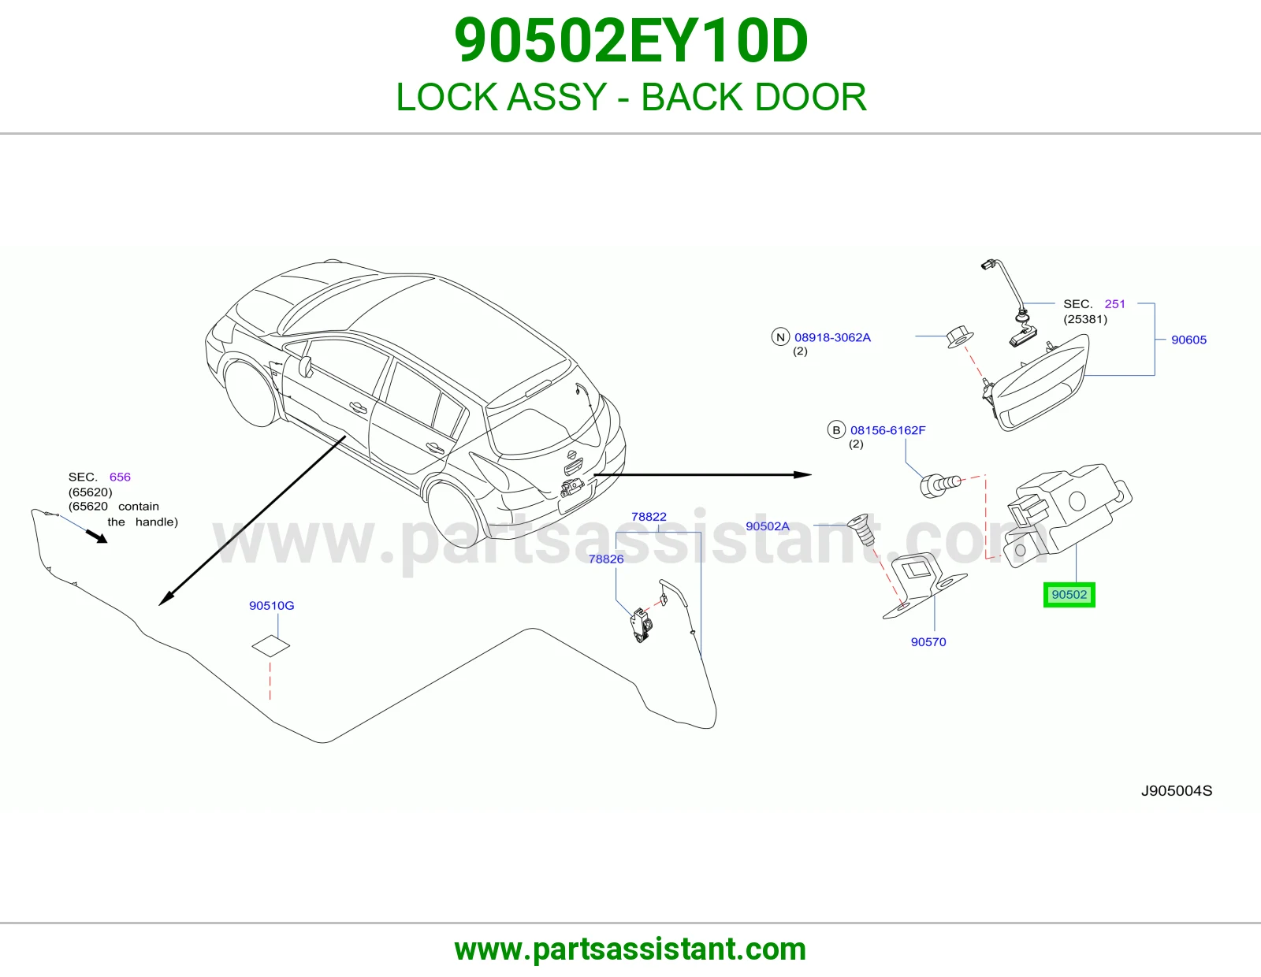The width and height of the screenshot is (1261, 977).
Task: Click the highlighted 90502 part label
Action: click(1069, 595)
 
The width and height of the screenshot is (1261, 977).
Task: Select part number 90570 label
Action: click(928, 641)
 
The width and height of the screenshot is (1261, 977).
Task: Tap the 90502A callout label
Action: click(767, 526)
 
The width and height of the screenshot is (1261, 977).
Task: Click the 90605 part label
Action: click(1188, 340)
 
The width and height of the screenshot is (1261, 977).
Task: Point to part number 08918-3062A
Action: click(833, 338)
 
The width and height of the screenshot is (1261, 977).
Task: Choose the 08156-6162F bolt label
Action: click(888, 430)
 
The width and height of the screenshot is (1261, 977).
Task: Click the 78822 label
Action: click(649, 516)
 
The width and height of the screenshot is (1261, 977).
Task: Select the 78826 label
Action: click(606, 559)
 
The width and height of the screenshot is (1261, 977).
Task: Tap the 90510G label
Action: click(272, 606)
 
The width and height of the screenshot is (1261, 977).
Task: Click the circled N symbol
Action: click(780, 337)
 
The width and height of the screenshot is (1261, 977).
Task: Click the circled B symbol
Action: click(836, 430)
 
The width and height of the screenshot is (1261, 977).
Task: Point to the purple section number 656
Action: click(120, 477)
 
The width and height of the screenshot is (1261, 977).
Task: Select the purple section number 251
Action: click(1114, 304)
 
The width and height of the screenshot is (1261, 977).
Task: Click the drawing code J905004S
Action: click(1177, 791)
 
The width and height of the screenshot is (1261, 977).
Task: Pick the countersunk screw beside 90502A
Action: click(861, 529)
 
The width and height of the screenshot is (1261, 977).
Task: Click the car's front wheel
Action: click(251, 393)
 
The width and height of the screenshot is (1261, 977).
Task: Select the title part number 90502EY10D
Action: click(630, 41)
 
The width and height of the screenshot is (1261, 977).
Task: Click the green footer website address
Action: click(630, 949)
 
